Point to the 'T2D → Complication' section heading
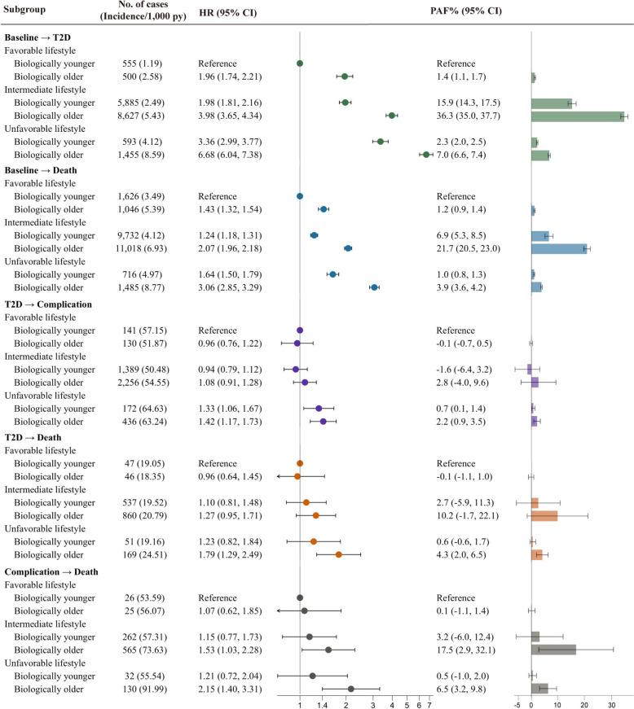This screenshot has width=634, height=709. (52, 304)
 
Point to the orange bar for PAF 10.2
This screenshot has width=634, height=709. (544, 515)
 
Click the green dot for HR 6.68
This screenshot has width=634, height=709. (425, 154)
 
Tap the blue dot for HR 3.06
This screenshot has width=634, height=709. (374, 287)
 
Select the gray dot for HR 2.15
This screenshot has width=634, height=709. (350, 688)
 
